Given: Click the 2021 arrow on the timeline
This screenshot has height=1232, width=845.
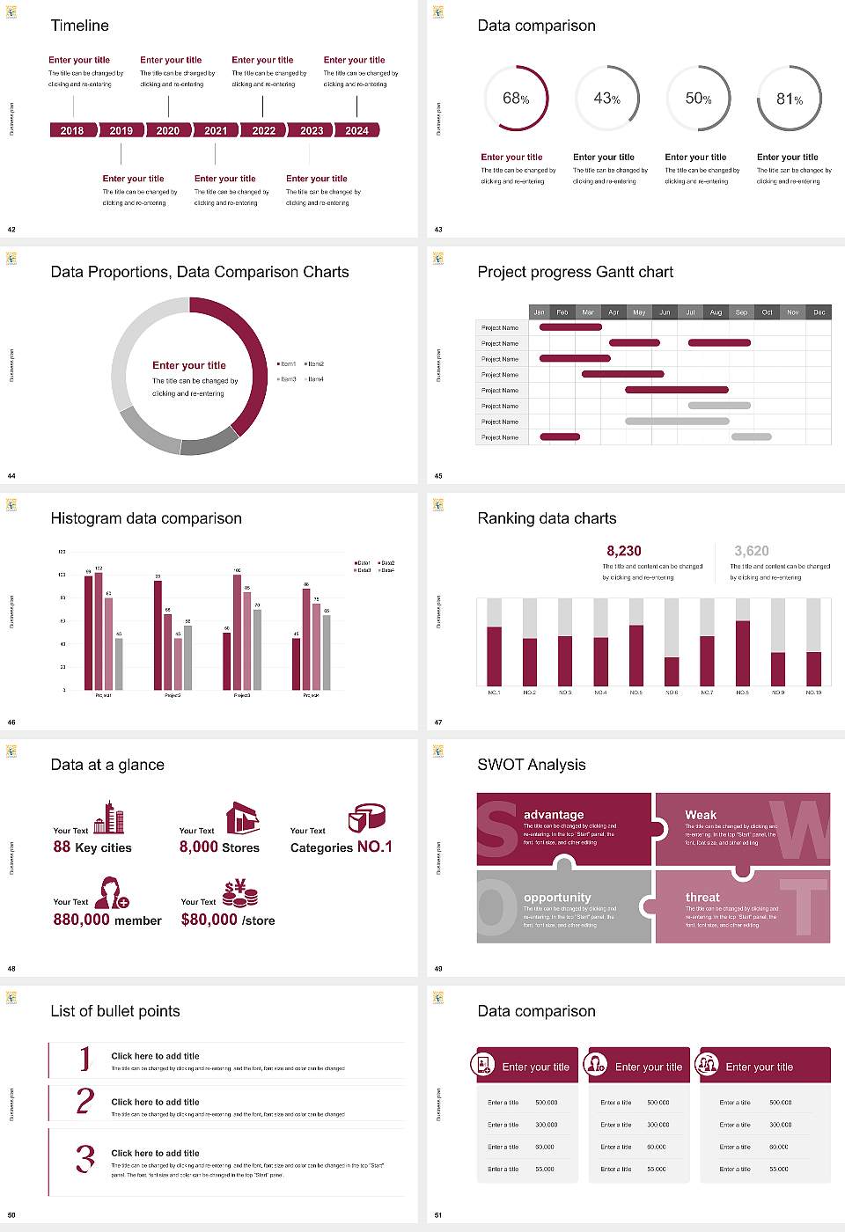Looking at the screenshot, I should coord(216,130).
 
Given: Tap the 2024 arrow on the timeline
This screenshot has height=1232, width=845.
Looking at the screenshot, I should coord(356,130).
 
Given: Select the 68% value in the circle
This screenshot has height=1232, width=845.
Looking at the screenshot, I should coord(516,99).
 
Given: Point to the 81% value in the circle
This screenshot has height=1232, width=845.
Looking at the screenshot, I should coord(790,99).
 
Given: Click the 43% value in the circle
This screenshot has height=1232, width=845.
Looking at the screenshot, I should coord(607,99).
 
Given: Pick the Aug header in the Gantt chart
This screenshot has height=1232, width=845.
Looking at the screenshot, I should coord(716,312).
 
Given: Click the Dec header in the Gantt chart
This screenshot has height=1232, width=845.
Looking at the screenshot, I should coord(819,312).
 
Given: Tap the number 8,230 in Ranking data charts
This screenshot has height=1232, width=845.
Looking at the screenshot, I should coord(624,551).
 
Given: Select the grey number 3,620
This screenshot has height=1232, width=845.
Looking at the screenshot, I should coord(752,551).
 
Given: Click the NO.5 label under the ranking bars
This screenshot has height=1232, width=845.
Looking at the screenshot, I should coord(636,693).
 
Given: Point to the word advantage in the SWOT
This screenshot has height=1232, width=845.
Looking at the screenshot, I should coord(554,815).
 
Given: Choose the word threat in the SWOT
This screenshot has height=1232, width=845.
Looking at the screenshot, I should coord(702,898).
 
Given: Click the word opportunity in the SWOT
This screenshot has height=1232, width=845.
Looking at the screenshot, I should coord(557,898).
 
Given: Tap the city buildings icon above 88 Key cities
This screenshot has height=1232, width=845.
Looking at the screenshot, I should coord(109,818).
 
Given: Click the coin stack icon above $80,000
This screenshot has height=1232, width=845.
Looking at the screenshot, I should coord(240,893).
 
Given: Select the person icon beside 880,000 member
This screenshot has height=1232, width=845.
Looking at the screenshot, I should coord(112,892).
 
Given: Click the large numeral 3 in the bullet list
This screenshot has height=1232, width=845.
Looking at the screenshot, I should coord(85,1158).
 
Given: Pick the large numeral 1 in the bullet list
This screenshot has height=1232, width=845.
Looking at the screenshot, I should coord(85,1059).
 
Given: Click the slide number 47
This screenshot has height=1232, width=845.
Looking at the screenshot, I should coord(438,722).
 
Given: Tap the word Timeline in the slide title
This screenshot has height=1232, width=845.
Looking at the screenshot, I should coord(80,26).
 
